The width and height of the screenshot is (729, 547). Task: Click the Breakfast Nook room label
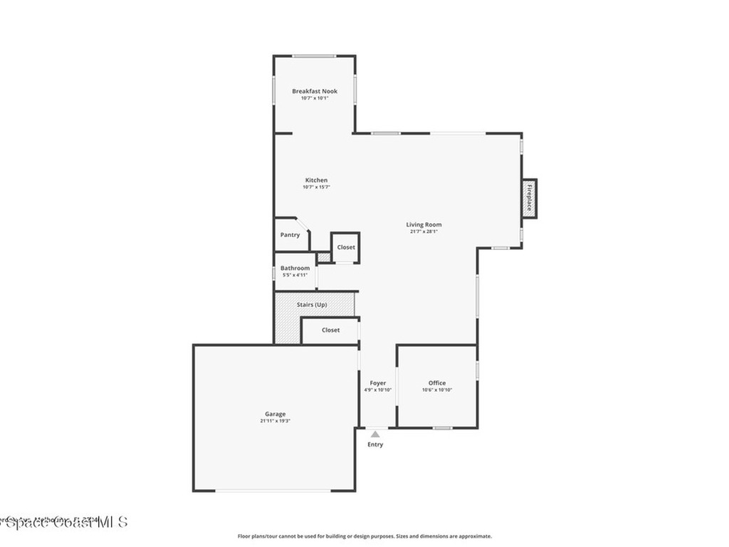(x=314, y=91)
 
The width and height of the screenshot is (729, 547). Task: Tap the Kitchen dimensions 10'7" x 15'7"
(x=316, y=187)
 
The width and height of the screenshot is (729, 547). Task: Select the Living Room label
(x=424, y=224)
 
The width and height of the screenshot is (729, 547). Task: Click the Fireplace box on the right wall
(x=529, y=199)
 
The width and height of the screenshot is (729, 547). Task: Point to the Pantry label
(x=290, y=235)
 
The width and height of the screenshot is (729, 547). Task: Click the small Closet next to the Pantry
(x=346, y=247)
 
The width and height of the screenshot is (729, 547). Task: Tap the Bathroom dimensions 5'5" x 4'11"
(x=295, y=275)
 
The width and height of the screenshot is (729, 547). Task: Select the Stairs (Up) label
(x=312, y=305)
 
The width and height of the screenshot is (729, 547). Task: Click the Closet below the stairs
(x=330, y=330)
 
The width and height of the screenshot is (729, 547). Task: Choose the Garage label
(x=275, y=414)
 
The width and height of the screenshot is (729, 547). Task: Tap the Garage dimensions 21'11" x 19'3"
(x=275, y=421)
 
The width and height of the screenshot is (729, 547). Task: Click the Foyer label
(x=377, y=383)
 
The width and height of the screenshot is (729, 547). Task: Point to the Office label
(x=436, y=383)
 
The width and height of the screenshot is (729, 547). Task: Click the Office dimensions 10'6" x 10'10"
(x=436, y=390)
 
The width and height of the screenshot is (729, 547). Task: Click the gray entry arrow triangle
(x=375, y=432)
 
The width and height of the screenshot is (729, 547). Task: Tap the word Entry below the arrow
(x=375, y=444)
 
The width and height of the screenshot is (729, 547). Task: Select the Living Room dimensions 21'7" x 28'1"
(x=424, y=231)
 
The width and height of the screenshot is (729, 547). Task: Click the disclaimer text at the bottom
(x=364, y=536)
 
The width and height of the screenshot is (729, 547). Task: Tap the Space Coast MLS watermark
(x=64, y=522)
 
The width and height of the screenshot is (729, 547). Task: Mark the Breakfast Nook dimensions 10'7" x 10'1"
(x=314, y=98)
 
